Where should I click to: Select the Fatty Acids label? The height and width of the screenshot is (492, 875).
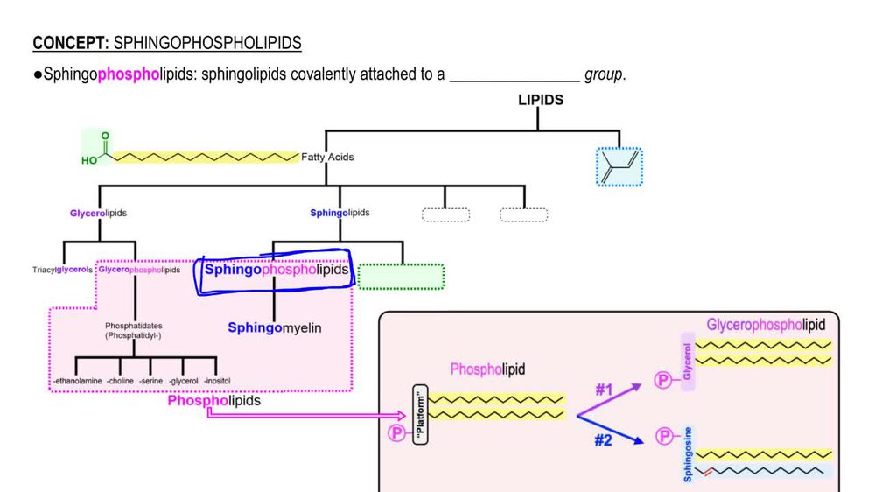point(327,158)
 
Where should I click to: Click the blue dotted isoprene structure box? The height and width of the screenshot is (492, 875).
point(619,166)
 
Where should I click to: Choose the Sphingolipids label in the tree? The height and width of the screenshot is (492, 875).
point(339,213)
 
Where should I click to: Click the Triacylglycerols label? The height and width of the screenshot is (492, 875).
point(62,270)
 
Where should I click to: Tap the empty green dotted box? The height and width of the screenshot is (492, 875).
point(401,277)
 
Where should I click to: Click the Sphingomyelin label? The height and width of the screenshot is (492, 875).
point(275,327)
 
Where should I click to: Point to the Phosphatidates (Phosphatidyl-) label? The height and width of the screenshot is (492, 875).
point(134,330)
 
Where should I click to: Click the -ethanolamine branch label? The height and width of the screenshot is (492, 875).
point(77,381)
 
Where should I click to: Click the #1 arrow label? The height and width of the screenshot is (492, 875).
point(604,390)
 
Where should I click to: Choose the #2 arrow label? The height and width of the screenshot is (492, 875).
point(603,440)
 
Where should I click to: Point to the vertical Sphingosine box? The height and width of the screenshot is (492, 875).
point(689,453)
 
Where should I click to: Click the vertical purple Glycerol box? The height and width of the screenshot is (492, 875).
point(688,361)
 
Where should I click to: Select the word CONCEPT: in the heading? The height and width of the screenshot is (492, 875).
point(72,42)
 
